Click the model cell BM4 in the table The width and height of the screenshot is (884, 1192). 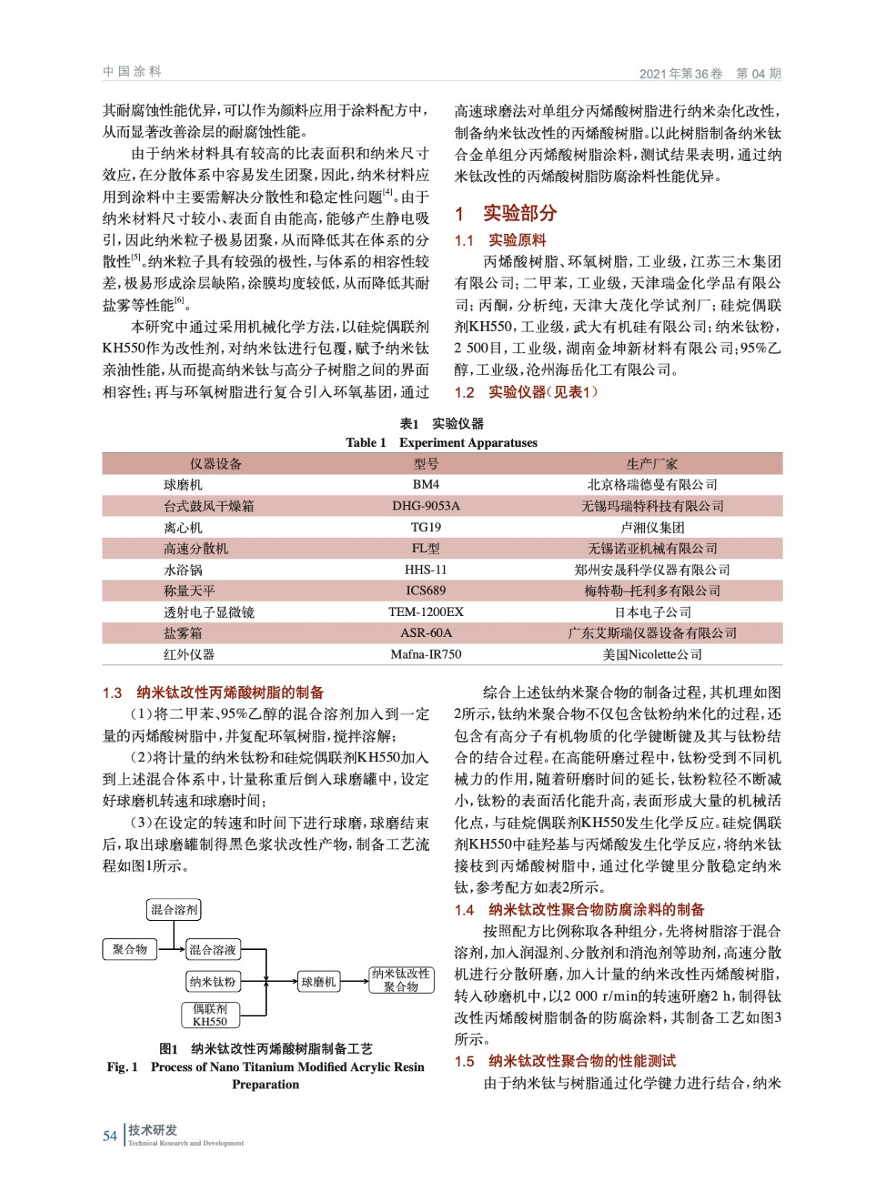click(x=425, y=484)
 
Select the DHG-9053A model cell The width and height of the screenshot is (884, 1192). click(x=425, y=506)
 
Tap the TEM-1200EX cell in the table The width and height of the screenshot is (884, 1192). click(x=425, y=612)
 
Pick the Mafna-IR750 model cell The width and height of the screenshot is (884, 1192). click(x=425, y=654)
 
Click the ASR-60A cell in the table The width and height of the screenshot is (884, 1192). click(x=425, y=633)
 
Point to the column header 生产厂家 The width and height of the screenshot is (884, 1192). click(x=652, y=463)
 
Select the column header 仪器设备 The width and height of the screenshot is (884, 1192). click(x=215, y=463)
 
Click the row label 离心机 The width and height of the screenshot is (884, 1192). click(x=182, y=527)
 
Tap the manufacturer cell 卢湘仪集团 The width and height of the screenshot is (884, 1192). click(x=652, y=527)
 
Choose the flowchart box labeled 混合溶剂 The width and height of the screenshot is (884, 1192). click(x=174, y=910)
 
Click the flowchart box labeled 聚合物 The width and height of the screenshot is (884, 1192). click(x=130, y=949)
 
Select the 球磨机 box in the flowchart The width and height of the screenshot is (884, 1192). click(x=318, y=982)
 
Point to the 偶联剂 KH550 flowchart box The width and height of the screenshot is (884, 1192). click(x=210, y=1015)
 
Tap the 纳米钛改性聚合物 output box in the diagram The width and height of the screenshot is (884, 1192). click(x=401, y=980)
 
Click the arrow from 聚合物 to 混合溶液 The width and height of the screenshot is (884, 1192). click(x=171, y=949)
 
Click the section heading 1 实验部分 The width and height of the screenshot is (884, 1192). click(x=506, y=214)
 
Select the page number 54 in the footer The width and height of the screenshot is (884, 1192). click(x=110, y=1135)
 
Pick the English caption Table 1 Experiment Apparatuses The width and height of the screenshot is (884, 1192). click(x=442, y=443)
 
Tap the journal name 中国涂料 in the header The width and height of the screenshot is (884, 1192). click(x=132, y=72)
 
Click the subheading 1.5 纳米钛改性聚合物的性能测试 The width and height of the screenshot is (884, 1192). click(x=566, y=1061)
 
